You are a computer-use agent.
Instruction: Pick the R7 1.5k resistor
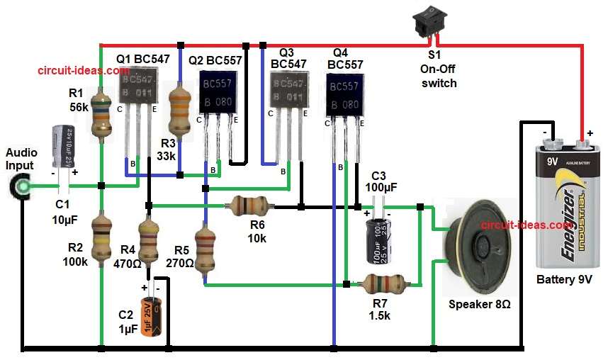pos(383,285)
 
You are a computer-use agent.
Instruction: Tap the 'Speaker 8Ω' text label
pos(480,305)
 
